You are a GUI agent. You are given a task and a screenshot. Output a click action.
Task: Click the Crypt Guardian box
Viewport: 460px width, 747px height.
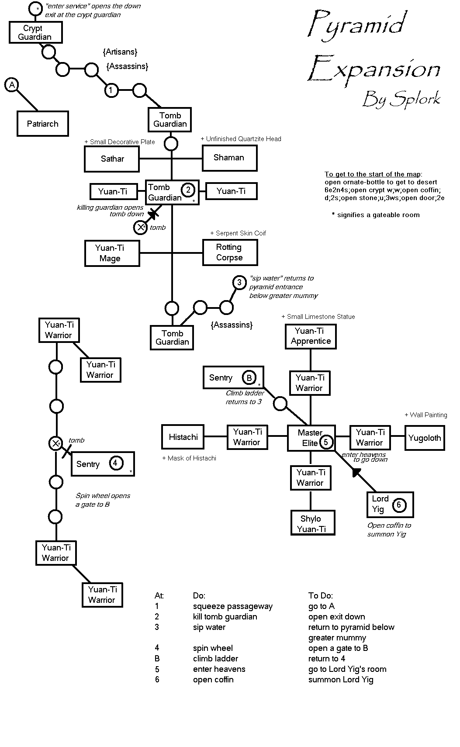pos(36,32)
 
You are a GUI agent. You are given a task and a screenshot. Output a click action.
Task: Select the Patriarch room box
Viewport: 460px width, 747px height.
pos(43,124)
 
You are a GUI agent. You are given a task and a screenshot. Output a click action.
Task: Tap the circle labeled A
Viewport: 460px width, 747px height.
pos(12,85)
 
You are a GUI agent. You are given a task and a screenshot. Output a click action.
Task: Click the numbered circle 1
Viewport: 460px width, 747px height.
pos(111,90)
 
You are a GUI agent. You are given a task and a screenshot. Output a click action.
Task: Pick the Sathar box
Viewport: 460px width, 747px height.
pos(112,159)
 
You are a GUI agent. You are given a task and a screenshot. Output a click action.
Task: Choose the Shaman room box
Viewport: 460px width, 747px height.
pos(229,158)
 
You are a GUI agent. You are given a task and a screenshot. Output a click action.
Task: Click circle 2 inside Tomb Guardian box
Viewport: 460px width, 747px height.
pos(188,190)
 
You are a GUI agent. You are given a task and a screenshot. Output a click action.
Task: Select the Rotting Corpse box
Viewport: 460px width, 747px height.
pos(230,252)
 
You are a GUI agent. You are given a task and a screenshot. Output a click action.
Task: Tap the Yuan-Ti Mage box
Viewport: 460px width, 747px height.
pos(112,253)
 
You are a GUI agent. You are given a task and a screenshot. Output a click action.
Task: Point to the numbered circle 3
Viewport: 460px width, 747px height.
pos(239,283)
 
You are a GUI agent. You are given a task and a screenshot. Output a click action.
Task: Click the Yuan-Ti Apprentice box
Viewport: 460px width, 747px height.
pos(311,336)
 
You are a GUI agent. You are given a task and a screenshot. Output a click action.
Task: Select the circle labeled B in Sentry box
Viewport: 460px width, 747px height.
pos(249,378)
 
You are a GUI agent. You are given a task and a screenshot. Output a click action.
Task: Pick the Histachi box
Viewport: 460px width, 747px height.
pos(183,437)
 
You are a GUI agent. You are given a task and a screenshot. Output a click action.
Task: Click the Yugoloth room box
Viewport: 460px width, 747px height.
pos(425,438)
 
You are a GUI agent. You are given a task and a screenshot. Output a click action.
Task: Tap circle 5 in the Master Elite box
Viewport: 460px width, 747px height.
pos(326,442)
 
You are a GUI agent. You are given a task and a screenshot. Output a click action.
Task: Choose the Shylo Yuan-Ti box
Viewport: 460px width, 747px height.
pos(312,523)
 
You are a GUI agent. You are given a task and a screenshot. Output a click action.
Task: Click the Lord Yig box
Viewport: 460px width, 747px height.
pos(390,505)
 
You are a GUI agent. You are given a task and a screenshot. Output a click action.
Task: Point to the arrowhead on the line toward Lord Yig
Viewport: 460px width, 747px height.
pos(356,472)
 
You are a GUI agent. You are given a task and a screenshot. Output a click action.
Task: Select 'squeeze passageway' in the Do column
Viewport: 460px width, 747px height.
pos(232,607)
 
